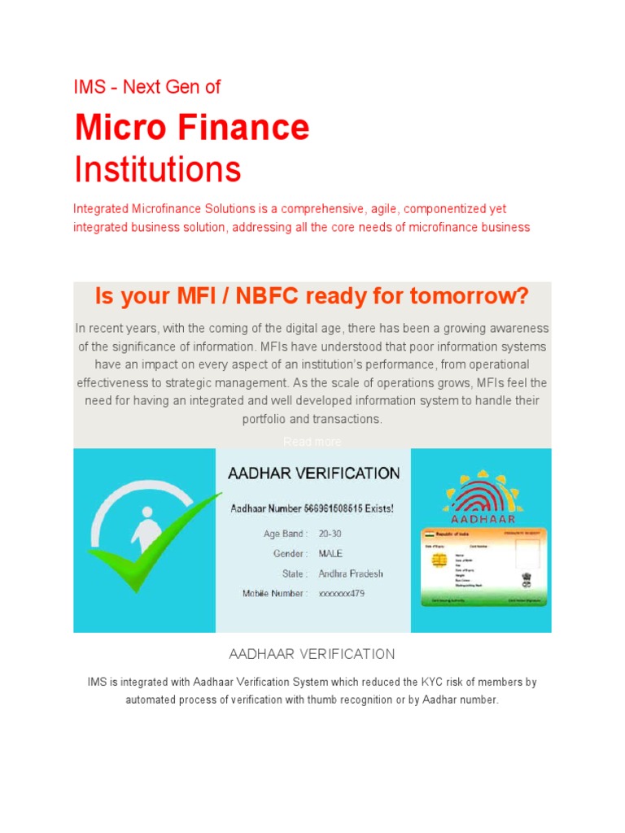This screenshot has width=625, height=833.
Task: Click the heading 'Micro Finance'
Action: tap(192, 129)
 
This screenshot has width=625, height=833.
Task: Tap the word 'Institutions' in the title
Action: tap(157, 170)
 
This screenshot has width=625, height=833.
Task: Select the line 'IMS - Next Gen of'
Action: tap(146, 87)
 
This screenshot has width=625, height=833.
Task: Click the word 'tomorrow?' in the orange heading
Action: tap(467, 296)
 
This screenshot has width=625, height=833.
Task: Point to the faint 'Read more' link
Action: tap(312, 442)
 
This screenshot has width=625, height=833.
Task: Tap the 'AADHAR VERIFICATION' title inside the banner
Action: tap(313, 473)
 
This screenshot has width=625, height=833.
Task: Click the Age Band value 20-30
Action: tap(330, 534)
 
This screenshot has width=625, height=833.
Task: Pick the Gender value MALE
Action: tap(331, 554)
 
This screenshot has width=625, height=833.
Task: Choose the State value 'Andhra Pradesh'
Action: tap(351, 574)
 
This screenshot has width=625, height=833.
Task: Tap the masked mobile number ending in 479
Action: tap(342, 594)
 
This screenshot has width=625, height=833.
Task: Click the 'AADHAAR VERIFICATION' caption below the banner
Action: tap(312, 654)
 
